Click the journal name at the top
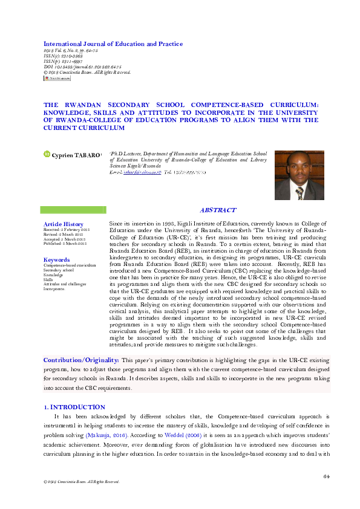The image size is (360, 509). click(113, 44)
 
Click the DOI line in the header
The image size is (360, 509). click(82, 66)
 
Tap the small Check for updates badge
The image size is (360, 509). click(57, 79)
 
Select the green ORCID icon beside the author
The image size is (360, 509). click(47, 155)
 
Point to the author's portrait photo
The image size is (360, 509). click(299, 175)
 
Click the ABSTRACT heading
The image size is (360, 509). click(218, 210)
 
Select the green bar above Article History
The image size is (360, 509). click(73, 210)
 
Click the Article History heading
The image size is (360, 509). click(64, 224)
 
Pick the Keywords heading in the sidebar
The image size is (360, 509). click(57, 259)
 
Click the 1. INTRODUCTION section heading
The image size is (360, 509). click(74, 407)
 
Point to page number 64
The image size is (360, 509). click(326, 476)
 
